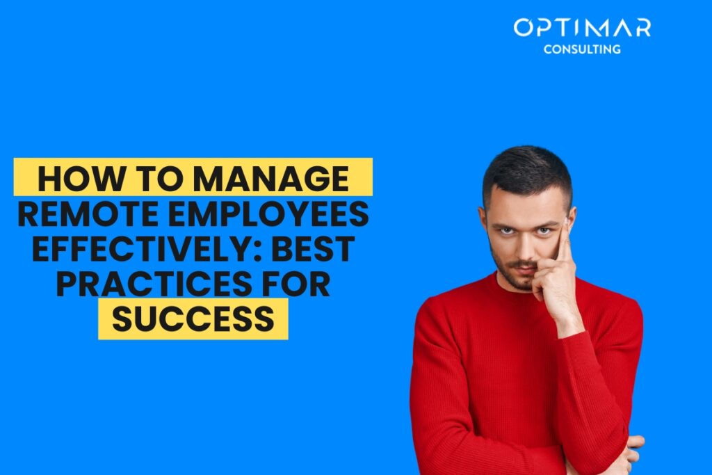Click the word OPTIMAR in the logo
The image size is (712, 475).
click(x=582, y=29)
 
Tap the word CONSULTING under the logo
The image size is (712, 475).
click(x=582, y=49)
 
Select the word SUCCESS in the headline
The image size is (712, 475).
click(x=193, y=319)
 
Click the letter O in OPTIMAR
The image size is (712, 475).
click(x=524, y=29)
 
